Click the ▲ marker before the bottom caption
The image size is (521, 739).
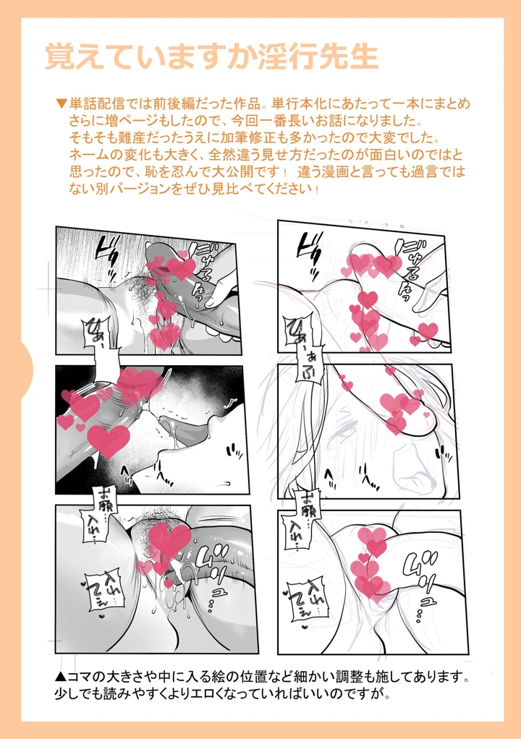coord(62,678)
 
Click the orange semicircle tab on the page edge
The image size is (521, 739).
coord(27,369)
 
